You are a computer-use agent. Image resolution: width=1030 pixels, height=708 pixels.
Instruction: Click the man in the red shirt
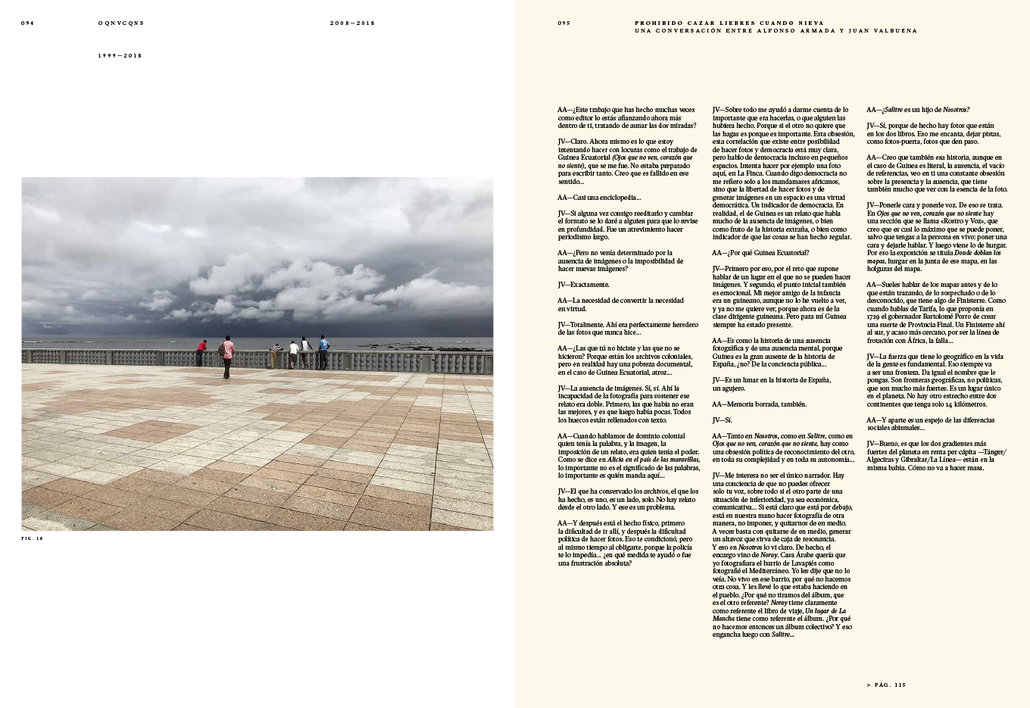[201, 352]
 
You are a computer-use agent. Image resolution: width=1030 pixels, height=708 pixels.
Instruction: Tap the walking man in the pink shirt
[226, 356]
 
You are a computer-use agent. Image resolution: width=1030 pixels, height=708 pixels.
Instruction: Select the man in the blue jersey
[324, 351]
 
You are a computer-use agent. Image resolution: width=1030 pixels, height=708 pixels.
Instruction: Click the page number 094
[27, 23]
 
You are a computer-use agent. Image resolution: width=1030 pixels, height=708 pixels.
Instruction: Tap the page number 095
[563, 23]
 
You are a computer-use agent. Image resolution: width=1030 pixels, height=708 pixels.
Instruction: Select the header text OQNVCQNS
[121, 23]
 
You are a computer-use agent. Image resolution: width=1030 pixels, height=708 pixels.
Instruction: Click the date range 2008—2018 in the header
[352, 23]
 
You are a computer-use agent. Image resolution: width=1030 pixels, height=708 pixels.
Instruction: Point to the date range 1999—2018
[120, 55]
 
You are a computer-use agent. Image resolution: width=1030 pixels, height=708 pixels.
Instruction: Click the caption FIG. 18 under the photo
[32, 538]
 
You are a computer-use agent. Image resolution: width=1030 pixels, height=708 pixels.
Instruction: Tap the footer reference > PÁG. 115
[885, 685]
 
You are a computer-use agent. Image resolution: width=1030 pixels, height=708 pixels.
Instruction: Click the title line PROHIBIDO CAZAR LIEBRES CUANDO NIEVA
[729, 23]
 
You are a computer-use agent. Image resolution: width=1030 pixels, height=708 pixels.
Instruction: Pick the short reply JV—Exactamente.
[583, 285]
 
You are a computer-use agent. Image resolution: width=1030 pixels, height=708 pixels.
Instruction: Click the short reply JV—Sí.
[722, 419]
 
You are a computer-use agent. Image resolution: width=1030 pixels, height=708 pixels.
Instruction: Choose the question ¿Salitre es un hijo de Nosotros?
[918, 110]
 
